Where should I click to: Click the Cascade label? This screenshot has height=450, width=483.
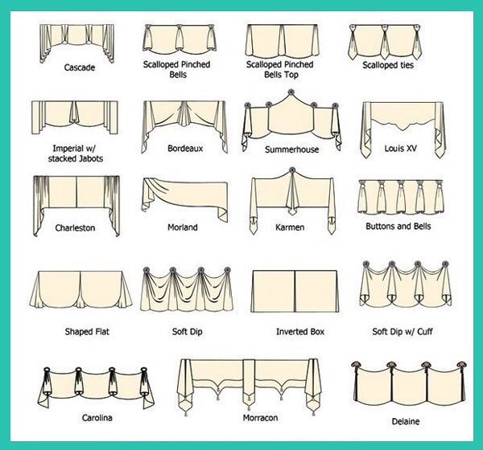(x=80, y=67)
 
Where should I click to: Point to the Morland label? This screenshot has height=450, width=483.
(x=182, y=227)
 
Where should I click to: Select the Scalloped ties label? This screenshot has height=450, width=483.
(x=387, y=66)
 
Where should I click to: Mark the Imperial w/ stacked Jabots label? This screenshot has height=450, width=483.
(x=73, y=153)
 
